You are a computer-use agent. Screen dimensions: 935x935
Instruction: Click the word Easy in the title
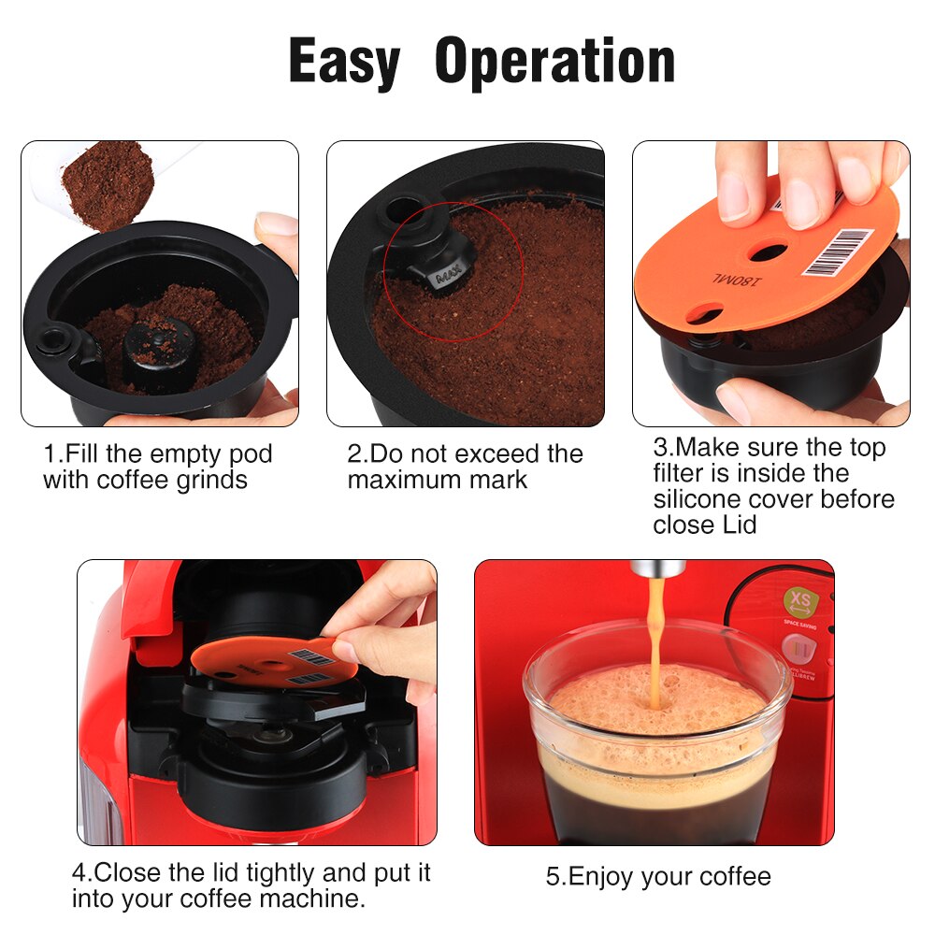tap(344, 62)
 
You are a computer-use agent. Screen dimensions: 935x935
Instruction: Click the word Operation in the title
tap(555, 62)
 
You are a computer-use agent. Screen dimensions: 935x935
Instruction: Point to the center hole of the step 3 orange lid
tap(769, 251)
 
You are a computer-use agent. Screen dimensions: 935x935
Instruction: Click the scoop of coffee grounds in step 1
tap(108, 182)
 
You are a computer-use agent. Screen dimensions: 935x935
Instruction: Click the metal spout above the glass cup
tap(657, 568)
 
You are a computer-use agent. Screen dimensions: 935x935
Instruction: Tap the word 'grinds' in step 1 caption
tap(212, 481)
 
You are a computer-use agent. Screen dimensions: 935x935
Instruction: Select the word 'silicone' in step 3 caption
tap(698, 499)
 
